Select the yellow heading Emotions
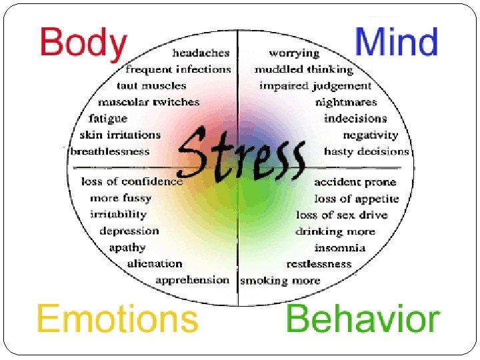117,318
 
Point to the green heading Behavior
363,319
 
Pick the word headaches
201,53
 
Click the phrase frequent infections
178,69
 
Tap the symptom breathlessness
110,151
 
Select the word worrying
294,53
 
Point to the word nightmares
346,103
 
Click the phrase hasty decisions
366,151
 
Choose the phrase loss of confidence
132,181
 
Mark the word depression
129,231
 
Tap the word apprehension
192,281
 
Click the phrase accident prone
355,182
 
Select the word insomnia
340,248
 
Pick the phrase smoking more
280,281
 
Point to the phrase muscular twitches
149,103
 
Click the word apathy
127,248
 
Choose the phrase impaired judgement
315,86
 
